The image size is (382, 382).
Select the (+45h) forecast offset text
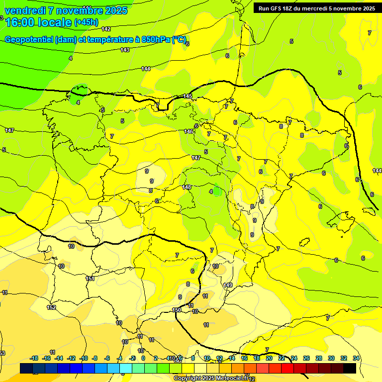[86, 22]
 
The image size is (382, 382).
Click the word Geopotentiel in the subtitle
[28, 39]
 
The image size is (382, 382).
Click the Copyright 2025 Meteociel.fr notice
[211, 378]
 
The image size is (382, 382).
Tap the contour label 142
[106, 29]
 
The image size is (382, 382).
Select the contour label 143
[125, 50]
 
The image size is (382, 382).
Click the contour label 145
[188, 96]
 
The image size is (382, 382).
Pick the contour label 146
[189, 131]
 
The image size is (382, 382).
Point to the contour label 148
[187, 187]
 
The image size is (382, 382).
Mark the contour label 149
[228, 285]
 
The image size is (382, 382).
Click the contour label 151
[90, 279]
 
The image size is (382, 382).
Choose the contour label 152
[51, 307]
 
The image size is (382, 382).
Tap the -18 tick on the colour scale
[34, 358]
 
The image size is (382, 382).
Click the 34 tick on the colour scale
[356, 358]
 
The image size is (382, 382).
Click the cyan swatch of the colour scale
[125, 368]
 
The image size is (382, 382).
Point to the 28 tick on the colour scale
[319, 358]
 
